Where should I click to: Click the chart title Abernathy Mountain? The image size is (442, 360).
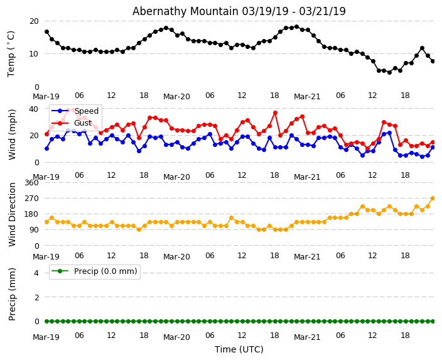point(239,11)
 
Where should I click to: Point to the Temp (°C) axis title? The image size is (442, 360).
point(11,53)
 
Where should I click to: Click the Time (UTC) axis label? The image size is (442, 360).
point(239,349)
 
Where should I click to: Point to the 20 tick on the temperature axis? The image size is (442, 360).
point(33,21)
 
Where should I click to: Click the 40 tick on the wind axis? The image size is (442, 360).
point(33,109)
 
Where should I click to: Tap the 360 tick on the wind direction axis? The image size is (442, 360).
point(31,182)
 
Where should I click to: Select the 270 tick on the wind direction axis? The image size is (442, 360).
point(31,198)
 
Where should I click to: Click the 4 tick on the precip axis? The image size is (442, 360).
point(36,273)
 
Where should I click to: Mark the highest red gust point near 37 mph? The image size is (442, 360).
point(275,112)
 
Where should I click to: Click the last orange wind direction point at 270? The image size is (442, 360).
point(433,198)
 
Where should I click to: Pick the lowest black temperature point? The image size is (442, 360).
point(389,72)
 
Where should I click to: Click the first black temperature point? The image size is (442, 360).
point(46,31)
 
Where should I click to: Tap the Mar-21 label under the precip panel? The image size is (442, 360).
point(307,337)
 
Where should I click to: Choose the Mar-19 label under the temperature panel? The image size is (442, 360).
point(46,97)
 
